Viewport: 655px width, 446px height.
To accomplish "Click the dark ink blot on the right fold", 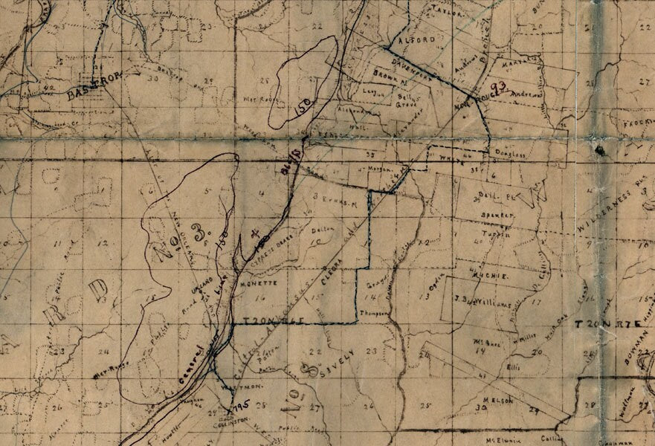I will (x=599, y=150).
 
